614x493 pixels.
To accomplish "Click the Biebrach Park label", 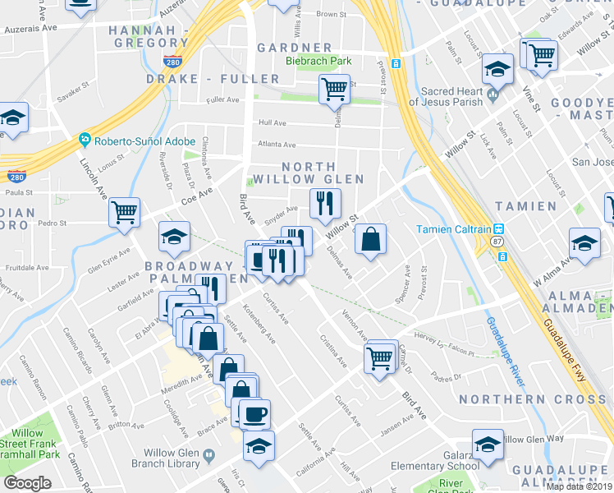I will click(318, 61).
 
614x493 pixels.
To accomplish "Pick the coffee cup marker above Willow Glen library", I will click(254, 412).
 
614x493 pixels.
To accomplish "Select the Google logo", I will click(27, 483).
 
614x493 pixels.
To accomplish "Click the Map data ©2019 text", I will click(579, 486).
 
